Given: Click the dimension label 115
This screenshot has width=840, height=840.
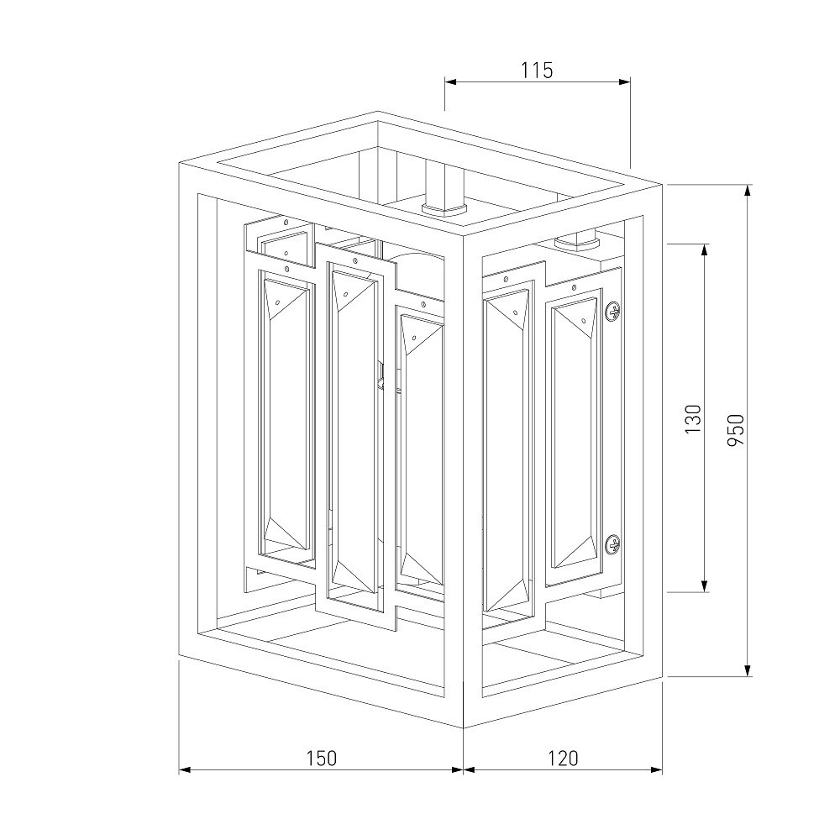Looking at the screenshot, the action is (x=537, y=71).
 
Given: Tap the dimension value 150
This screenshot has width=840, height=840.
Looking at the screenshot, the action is (x=322, y=758).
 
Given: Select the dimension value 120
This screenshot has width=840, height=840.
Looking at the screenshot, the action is (x=563, y=758).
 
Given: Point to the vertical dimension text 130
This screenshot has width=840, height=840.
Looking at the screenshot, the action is (x=693, y=419).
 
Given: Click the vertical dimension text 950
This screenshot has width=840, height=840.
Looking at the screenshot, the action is (x=736, y=429).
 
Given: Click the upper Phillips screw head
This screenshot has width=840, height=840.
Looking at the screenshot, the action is (x=613, y=311).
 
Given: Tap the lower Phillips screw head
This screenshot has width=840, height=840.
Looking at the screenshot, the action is (x=613, y=545).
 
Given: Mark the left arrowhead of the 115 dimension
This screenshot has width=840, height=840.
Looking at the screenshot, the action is (x=450, y=82).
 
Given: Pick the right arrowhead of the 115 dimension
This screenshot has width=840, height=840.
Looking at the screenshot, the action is (x=624, y=82).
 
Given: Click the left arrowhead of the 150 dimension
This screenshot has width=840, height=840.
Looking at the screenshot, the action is (x=185, y=770).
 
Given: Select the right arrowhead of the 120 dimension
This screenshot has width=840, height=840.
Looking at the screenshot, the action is (x=657, y=770).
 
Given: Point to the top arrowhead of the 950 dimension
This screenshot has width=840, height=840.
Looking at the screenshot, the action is (x=748, y=191).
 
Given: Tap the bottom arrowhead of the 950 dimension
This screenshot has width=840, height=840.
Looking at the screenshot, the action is (x=748, y=670).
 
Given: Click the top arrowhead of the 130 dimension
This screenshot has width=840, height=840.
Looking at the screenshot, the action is (x=705, y=250).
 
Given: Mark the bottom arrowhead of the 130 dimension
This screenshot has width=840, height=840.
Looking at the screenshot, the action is (x=705, y=586).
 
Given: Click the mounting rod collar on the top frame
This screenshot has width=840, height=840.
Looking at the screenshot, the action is (x=444, y=209).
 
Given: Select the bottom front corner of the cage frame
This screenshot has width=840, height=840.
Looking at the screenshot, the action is (x=464, y=728).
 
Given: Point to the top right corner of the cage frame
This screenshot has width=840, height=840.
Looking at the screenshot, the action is (x=663, y=185).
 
